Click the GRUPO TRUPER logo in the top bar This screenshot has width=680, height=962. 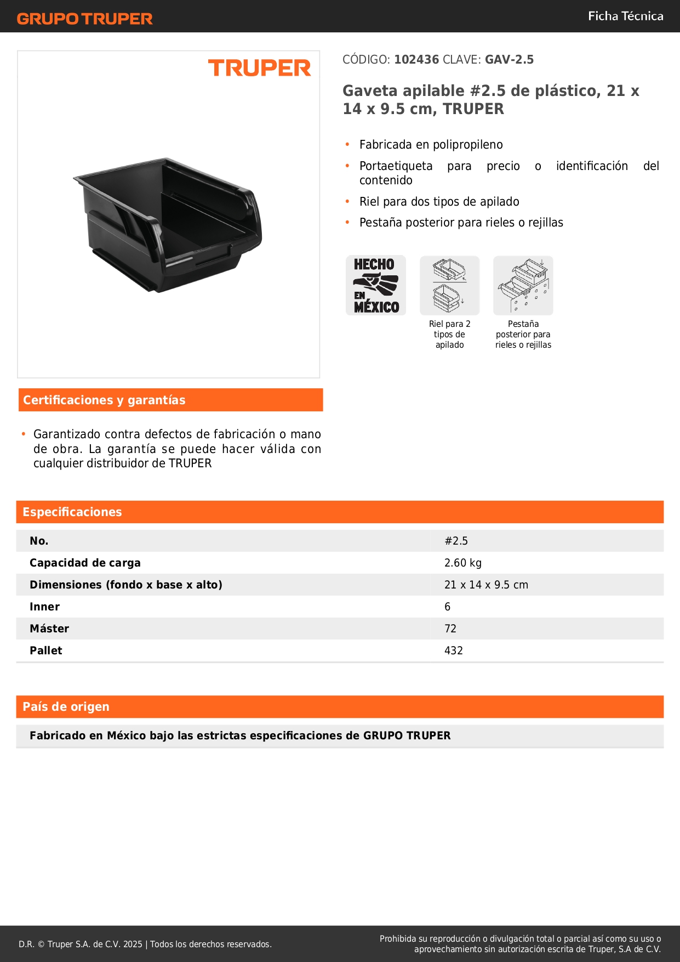click(x=84, y=19)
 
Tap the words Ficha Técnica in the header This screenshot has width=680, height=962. click(x=625, y=16)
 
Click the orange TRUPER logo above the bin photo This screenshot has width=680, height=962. click(x=259, y=68)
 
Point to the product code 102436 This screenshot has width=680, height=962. click(x=416, y=60)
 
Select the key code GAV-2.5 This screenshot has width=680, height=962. click(x=509, y=60)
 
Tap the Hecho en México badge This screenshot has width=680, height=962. click(x=376, y=285)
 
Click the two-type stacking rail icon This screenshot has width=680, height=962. click(x=449, y=285)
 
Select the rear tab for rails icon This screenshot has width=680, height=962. click(x=523, y=285)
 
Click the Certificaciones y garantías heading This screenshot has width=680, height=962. click(x=104, y=400)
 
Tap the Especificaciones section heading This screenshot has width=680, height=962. click(x=72, y=512)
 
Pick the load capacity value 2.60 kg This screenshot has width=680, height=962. click(x=463, y=563)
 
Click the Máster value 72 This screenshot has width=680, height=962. click(x=450, y=629)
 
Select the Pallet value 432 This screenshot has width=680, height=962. click(x=454, y=650)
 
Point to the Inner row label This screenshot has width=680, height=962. click(x=45, y=607)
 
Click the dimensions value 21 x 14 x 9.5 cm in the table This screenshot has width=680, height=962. click(x=486, y=585)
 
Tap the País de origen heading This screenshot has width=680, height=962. click(x=66, y=707)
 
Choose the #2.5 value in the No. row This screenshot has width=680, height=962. click(x=456, y=541)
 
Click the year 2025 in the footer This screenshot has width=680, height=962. click(x=133, y=944)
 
